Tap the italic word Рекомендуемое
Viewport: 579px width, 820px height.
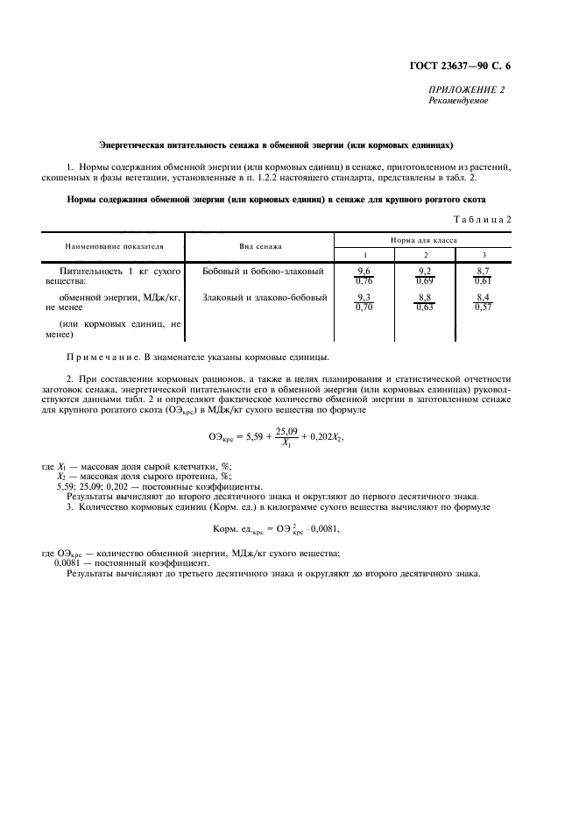pyautogui.click(x=458, y=101)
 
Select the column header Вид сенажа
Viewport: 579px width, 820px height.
pyautogui.click(x=260, y=247)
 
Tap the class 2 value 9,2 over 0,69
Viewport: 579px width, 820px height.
pyautogui.click(x=425, y=277)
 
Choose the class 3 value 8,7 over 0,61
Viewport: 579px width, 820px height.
pyautogui.click(x=483, y=277)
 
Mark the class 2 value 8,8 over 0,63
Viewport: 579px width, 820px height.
pyautogui.click(x=425, y=303)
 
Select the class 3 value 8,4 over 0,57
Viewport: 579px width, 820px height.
pyautogui.click(x=483, y=303)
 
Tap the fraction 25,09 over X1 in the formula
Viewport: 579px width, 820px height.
pyautogui.click(x=286, y=436)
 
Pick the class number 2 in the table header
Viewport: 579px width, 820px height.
pyautogui.click(x=425, y=254)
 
